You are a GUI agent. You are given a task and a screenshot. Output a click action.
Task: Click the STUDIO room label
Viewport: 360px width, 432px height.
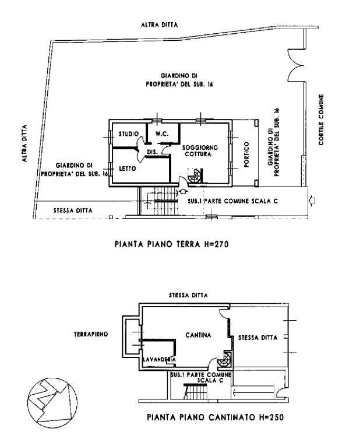coord(129,134)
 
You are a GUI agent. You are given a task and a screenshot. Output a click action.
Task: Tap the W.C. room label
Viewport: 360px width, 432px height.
coord(162,134)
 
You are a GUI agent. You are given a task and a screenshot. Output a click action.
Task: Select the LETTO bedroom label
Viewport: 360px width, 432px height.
coord(128,168)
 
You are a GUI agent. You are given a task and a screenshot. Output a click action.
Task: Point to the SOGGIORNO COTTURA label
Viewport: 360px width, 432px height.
coord(200,151)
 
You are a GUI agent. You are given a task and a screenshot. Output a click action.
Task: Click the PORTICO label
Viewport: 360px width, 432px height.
coord(246,154)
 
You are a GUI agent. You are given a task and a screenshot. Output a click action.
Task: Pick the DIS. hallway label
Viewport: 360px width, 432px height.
coord(152,152)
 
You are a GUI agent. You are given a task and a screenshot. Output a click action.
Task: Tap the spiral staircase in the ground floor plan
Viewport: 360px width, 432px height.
coord(195,176)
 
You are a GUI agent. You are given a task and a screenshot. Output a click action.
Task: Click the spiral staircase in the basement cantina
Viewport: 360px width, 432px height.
coord(225,359)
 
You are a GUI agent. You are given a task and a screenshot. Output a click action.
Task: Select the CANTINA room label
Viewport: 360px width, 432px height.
coord(198,335)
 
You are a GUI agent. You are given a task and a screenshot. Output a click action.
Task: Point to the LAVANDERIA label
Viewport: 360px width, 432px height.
coord(160,360)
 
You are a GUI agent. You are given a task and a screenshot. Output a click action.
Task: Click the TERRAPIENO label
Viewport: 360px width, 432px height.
coord(91,334)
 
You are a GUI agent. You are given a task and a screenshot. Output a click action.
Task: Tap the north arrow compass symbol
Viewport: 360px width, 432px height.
coord(52,402)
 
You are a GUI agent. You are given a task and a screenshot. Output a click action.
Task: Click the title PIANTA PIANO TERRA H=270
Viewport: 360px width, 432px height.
coord(171,244)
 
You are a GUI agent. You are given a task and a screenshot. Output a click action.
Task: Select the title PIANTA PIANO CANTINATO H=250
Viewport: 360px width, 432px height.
coord(215,417)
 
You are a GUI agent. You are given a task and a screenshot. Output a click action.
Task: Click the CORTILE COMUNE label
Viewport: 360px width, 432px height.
coord(321,120)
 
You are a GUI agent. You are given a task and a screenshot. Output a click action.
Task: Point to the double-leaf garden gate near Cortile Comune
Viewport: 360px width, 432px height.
coord(296,65)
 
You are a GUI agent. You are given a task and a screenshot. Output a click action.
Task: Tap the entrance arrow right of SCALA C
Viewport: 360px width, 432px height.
coord(312,201)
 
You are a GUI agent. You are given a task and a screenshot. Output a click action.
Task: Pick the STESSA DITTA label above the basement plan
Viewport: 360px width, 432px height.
coord(188,296)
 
